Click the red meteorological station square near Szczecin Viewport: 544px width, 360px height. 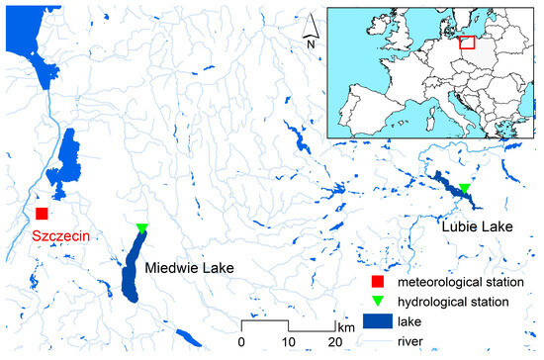pos(42,214)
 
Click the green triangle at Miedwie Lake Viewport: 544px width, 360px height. pos(141,229)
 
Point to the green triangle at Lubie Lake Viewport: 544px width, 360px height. pos(464,188)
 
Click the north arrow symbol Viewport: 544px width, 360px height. pos(311,24)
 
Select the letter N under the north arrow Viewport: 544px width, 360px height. pos(310,44)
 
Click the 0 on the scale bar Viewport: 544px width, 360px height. pos(242,342)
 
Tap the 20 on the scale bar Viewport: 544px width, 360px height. pos(335,342)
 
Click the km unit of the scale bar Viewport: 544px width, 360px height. pos(345,326)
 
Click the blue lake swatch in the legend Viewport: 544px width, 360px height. pos(373,321)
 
